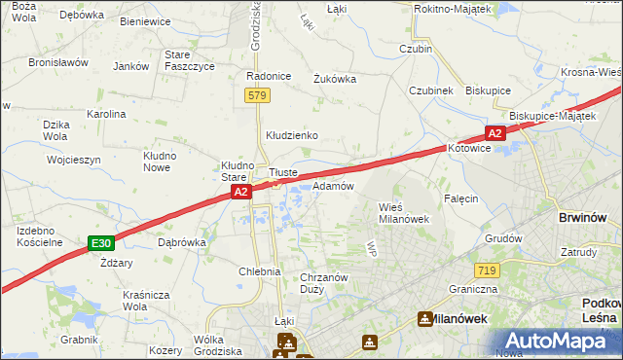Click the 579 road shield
click(257, 95)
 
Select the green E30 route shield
click(100, 242)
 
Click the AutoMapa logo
click(557, 340)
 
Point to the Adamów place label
click(332, 185)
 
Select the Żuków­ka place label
click(334, 80)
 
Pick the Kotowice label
click(470, 148)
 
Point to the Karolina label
click(106, 114)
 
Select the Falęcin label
click(461, 198)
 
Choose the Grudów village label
click(504, 237)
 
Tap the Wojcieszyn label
click(74, 159)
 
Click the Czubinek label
click(431, 90)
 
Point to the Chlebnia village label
click(260, 271)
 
